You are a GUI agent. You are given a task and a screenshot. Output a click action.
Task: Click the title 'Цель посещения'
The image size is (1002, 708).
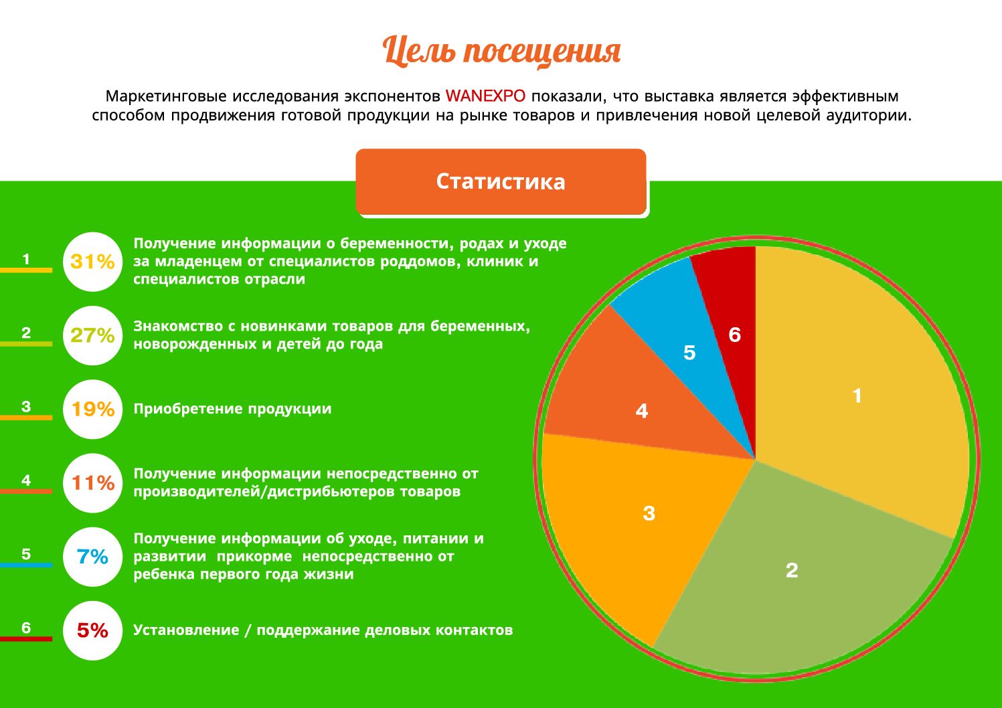pos(501,52)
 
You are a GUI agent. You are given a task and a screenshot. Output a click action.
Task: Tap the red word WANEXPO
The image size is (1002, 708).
pos(485,96)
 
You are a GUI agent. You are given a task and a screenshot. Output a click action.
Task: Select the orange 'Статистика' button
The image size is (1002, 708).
pos(501,181)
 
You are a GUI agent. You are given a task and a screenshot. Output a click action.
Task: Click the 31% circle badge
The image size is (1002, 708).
pos(92,262)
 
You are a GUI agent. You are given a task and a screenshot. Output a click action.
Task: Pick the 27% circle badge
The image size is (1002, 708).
pos(92,335)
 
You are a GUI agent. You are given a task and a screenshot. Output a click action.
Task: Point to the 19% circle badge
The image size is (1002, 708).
pos(92,409)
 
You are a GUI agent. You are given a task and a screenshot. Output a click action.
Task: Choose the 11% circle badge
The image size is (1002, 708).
pos(92,482)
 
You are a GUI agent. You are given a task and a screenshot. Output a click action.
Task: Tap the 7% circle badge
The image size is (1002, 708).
pos(92,556)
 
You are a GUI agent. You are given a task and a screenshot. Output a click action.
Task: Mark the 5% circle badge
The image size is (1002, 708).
pos(92,630)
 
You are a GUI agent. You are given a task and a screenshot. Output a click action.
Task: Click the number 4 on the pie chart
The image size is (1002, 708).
pos(642,411)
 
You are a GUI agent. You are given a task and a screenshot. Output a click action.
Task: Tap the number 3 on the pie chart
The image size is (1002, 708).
pos(649,513)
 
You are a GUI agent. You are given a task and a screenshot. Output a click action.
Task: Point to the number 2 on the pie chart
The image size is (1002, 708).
pos(792,570)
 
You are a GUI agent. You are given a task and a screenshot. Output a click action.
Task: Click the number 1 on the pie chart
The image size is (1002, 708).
pos(857,396)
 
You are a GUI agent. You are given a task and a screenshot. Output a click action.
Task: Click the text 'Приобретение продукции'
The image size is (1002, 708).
pos(232,409)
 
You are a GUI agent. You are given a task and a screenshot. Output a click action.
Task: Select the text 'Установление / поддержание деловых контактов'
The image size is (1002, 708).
pos(323,630)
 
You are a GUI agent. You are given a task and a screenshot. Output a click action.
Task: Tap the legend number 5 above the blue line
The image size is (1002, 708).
pos(26,554)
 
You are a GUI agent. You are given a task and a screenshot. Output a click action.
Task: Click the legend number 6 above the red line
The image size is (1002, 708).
pos(26,628)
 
